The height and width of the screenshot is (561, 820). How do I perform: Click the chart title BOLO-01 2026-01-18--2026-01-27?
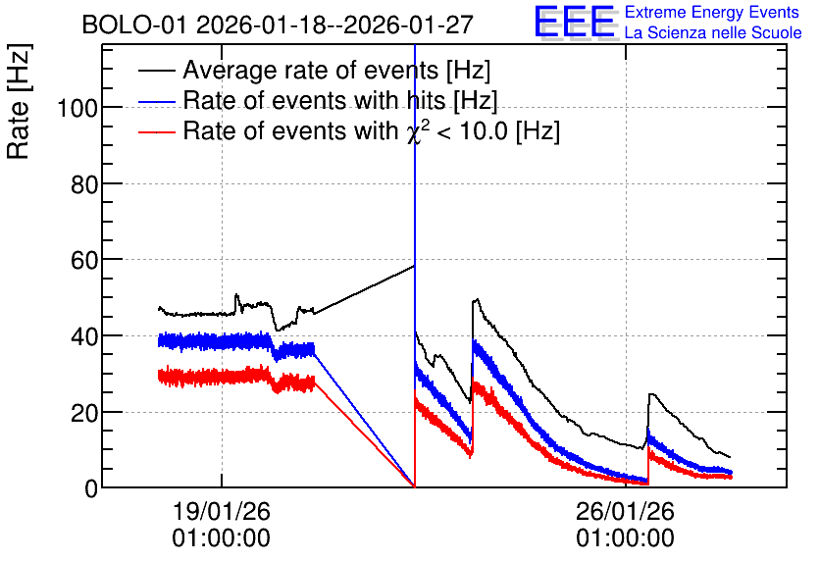pos(278,25)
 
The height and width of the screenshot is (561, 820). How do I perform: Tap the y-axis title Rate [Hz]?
pos(19,101)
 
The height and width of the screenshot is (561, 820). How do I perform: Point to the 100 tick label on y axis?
pos(77,109)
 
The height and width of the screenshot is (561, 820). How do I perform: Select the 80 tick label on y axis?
pos(84,184)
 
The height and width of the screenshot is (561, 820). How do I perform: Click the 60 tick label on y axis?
pos(84,260)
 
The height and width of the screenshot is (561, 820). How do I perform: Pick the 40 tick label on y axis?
pos(84,336)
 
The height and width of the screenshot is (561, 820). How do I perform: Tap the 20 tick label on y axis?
pos(84,413)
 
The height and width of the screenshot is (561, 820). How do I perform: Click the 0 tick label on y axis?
pos(91,488)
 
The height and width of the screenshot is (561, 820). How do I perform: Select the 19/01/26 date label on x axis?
pos(222,511)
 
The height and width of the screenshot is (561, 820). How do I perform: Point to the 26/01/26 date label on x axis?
pos(626,511)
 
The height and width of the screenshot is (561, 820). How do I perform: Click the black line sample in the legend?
pos(156,71)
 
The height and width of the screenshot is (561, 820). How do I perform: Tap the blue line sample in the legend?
pos(156,101)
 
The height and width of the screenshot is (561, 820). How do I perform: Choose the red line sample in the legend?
pos(156,131)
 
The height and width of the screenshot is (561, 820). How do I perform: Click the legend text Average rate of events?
pos(311,70)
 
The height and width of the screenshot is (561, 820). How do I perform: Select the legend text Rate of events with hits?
pos(314,100)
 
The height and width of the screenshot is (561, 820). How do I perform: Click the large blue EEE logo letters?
pos(575,22)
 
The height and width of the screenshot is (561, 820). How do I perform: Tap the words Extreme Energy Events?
pos(712,12)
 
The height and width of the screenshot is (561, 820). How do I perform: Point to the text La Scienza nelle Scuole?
pos(713,32)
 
